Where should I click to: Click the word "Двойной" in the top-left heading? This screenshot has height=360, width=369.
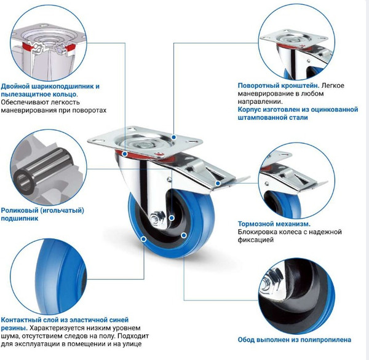(x=18, y=87)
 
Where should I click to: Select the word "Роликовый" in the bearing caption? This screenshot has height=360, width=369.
(x=22, y=211)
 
